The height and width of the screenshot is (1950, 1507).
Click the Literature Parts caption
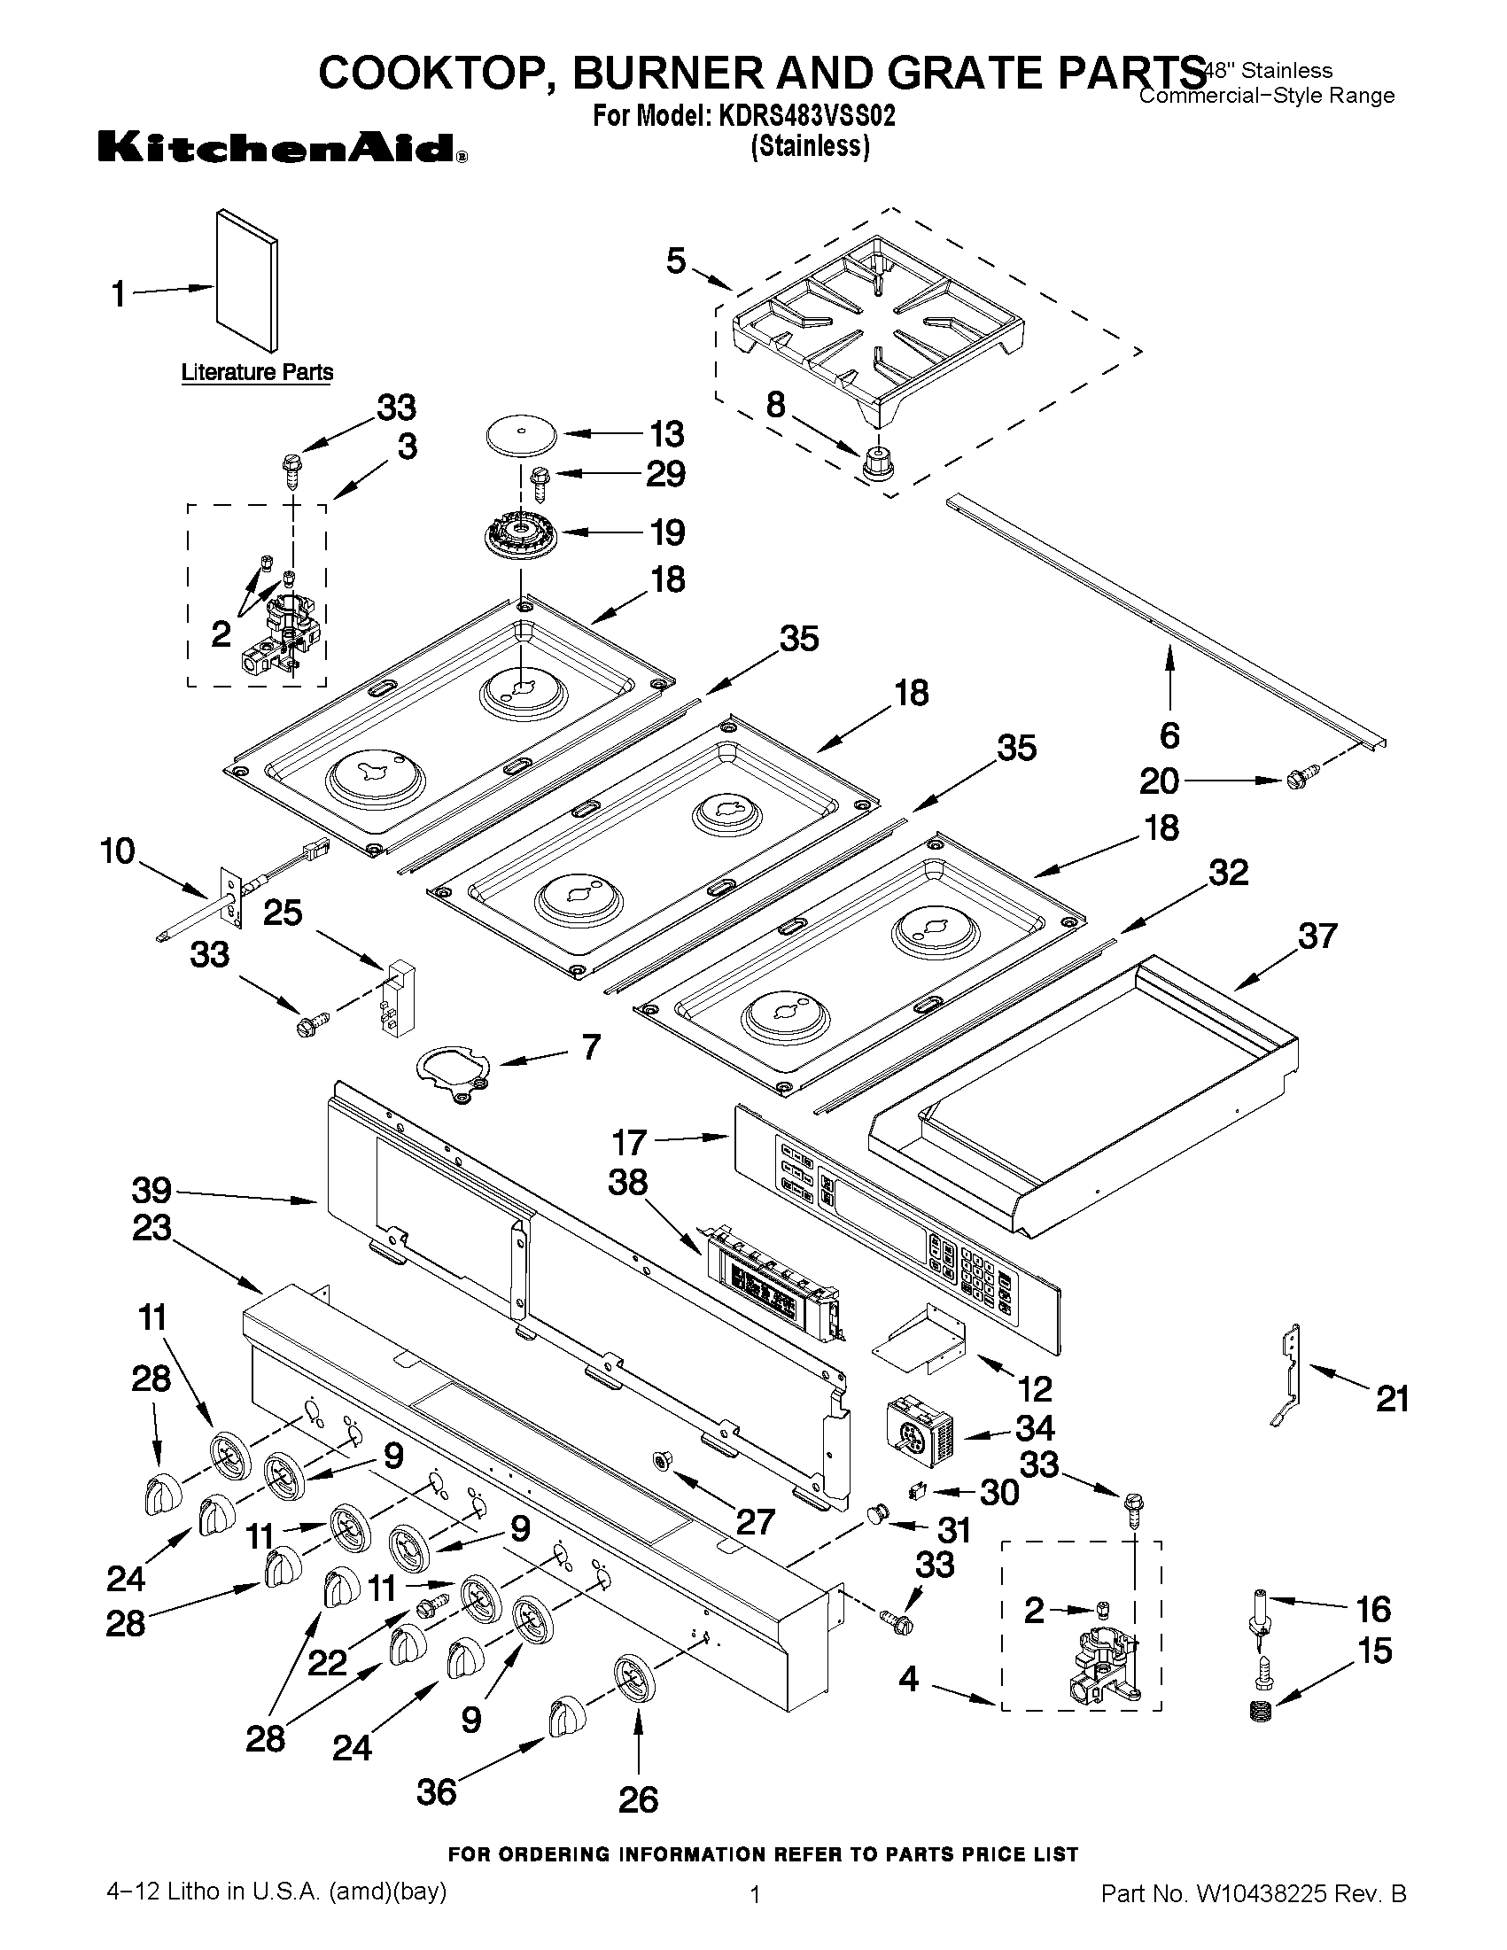(257, 372)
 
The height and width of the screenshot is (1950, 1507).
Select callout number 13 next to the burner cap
(667, 434)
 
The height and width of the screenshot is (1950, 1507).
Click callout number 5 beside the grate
(676, 261)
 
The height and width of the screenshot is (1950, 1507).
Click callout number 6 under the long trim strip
(1169, 734)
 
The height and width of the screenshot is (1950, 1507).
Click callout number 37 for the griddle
(1317, 936)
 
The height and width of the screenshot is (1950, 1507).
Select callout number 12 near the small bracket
(1035, 1388)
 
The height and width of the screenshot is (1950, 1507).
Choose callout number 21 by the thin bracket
(1392, 1398)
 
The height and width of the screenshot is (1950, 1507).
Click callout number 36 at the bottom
(437, 1791)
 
